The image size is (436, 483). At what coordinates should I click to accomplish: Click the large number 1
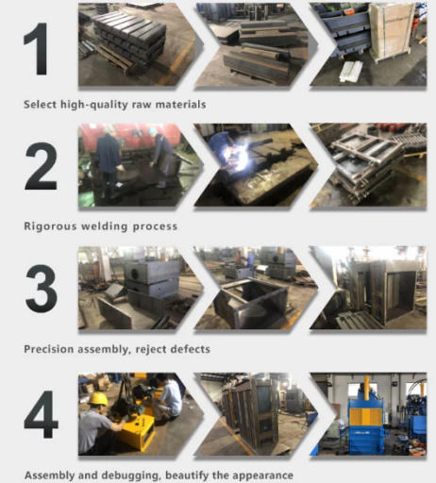[x=37, y=49]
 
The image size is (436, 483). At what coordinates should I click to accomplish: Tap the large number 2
[x=41, y=166]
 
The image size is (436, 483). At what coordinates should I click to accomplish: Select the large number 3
[x=42, y=289]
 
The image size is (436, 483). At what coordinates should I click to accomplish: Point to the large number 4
[x=42, y=414]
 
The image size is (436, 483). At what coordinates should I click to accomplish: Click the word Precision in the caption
[x=49, y=349]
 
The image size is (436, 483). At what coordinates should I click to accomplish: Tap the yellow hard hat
[x=97, y=399]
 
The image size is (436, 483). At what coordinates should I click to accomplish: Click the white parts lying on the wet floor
[x=350, y=71]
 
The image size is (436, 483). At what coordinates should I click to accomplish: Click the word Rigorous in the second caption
[x=50, y=226]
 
